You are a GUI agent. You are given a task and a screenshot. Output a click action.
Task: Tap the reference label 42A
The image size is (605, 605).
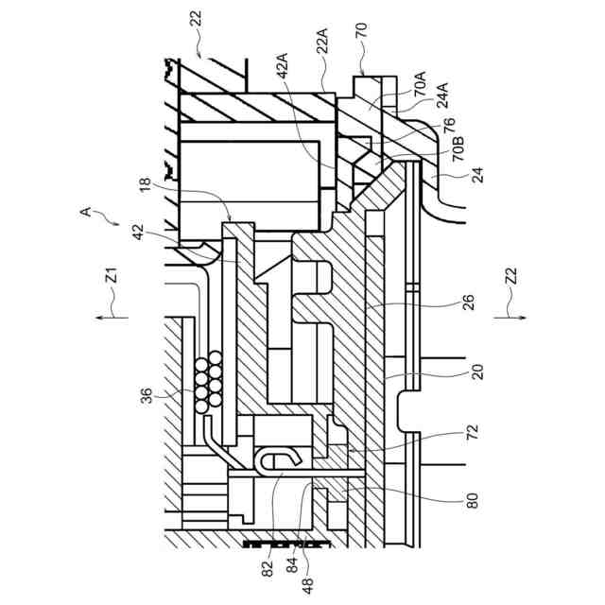281,77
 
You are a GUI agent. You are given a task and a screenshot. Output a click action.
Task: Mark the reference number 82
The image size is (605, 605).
268,568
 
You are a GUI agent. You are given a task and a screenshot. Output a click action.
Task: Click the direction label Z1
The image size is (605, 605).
111,275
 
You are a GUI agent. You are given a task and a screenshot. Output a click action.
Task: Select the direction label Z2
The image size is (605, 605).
511,277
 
